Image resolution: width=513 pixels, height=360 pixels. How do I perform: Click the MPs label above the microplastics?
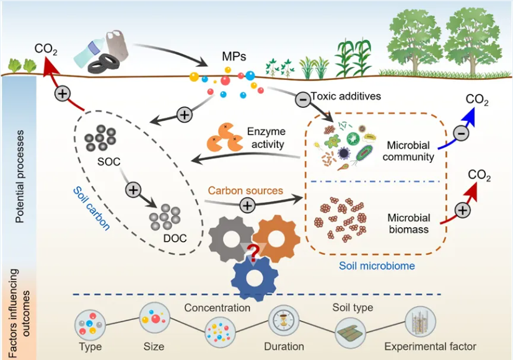[x=234, y=56]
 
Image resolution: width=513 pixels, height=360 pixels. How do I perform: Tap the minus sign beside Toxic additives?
[x=303, y=99]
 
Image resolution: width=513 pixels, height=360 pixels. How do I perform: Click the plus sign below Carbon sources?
[x=247, y=206]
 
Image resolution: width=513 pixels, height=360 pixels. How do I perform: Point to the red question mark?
[x=254, y=252]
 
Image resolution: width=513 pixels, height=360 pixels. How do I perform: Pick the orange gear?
[x=276, y=239]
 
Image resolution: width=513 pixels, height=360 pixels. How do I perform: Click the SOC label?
[x=109, y=162]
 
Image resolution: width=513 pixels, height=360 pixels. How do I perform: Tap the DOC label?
[x=175, y=239]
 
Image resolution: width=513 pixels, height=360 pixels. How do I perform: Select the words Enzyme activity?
[x=266, y=138]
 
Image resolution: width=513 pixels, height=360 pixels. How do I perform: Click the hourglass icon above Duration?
[x=284, y=320]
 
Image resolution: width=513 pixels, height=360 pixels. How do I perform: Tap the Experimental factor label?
[x=430, y=346]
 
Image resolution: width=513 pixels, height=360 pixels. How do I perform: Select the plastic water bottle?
[x=89, y=53]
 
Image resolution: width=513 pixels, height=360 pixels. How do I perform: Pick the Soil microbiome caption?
[x=377, y=266]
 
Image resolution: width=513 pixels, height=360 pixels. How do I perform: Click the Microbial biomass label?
[x=409, y=224]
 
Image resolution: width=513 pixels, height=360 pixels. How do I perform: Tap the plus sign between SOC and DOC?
[x=133, y=190]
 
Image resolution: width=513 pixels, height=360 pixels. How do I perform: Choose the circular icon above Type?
[x=90, y=325]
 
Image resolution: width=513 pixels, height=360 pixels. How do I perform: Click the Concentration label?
[x=217, y=307]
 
